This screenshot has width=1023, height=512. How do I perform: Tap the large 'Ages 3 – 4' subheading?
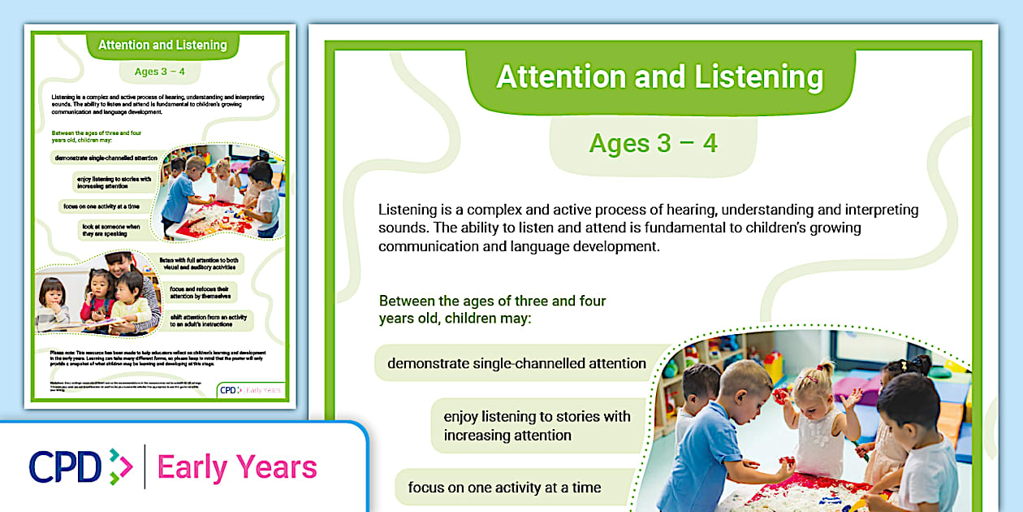tap(653, 143)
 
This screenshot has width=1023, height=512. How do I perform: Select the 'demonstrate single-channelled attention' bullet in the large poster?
tap(516, 363)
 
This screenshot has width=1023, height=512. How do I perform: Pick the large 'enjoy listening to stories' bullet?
tap(537, 426)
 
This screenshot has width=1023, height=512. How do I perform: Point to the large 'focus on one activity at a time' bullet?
tap(504, 488)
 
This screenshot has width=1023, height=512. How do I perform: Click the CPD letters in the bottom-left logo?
tap(65, 467)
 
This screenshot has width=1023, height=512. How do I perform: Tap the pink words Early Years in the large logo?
tap(236, 467)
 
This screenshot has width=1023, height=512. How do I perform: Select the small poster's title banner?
tap(162, 45)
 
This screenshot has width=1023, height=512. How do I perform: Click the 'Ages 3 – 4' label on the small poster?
tap(160, 72)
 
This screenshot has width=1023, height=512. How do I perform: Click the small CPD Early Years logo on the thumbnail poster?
tap(251, 390)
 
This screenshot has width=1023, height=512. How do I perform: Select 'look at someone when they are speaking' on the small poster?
tap(110, 229)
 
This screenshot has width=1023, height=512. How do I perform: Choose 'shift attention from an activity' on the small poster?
tap(211, 319)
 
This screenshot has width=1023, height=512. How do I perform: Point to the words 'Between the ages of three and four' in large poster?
tap(492, 301)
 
